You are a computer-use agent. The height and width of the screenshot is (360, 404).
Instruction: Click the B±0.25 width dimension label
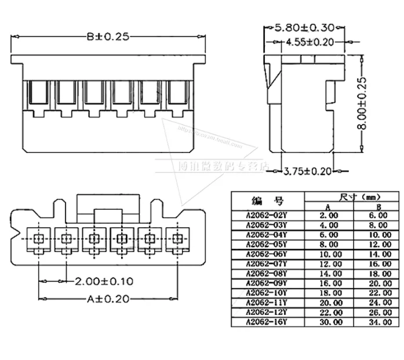(x=108, y=37)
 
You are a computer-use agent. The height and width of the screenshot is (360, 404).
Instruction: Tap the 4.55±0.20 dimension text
(x=312, y=42)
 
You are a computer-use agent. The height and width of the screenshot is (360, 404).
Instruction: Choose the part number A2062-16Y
(x=267, y=321)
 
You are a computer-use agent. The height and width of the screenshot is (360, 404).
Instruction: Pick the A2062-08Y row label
(x=267, y=272)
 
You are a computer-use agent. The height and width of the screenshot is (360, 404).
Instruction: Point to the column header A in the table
(x=328, y=206)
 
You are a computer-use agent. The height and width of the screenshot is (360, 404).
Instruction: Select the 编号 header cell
(x=267, y=201)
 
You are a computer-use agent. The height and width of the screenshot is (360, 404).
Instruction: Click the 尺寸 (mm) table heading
(x=352, y=197)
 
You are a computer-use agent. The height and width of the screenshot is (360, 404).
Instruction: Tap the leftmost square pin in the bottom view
(x=38, y=238)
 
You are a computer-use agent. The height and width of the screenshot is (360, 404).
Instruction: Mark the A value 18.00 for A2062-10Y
(x=328, y=292)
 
